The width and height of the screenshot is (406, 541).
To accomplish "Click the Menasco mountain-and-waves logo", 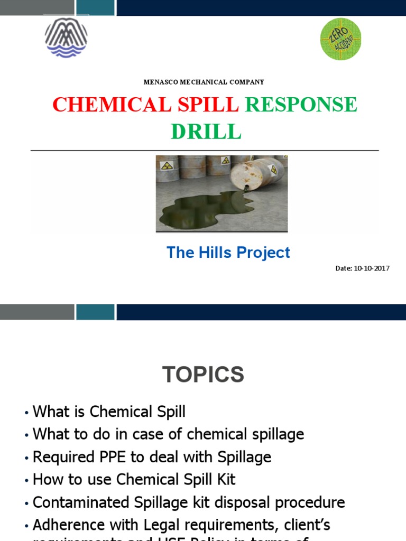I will [66, 38].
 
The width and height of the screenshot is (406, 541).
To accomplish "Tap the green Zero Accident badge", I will [341, 39].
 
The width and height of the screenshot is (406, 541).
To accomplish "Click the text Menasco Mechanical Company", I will [204, 82].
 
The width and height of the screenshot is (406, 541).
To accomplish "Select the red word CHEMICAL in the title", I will [111, 105].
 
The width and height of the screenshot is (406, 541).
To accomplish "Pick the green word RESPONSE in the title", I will [301, 105].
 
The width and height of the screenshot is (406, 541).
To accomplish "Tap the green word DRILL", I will [206, 132].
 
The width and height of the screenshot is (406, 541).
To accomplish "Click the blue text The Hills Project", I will [228, 253].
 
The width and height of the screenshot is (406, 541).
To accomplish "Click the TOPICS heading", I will [203, 375].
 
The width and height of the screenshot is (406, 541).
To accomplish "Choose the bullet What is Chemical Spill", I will [109, 412].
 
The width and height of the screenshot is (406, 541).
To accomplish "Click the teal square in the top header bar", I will [95, 7].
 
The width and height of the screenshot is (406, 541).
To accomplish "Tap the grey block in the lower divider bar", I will [37, 312].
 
